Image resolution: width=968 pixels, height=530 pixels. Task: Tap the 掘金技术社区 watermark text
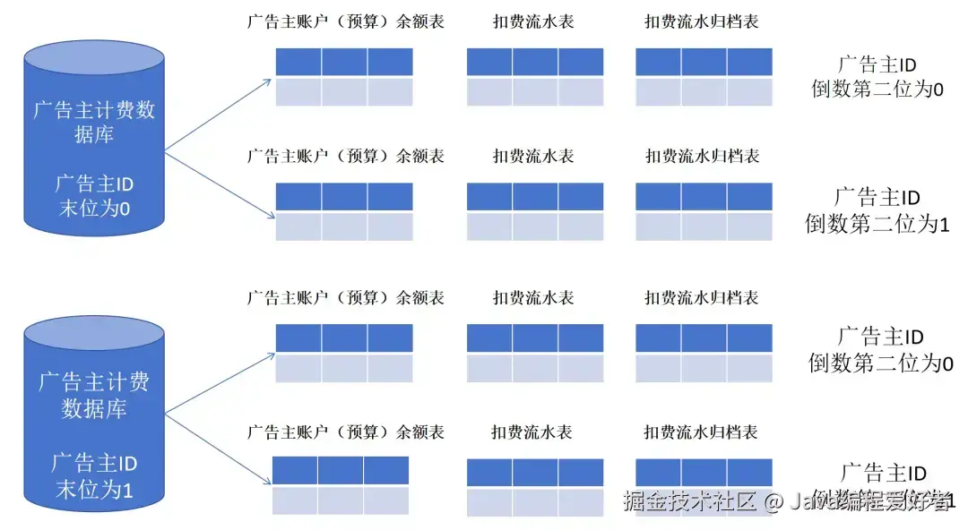tap(690, 500)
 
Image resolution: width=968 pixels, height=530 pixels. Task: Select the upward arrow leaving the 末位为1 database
tap(220, 383)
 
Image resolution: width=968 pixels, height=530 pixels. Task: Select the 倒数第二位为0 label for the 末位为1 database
tap(880, 351)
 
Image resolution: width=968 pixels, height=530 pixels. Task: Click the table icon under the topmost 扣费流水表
tap(535, 76)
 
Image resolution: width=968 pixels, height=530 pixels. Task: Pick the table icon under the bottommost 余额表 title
tap(340, 485)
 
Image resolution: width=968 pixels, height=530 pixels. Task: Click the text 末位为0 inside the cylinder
tap(94, 209)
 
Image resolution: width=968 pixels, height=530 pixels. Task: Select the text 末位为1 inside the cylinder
tap(94, 490)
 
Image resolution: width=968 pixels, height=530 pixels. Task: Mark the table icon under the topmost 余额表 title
tap(344, 76)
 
